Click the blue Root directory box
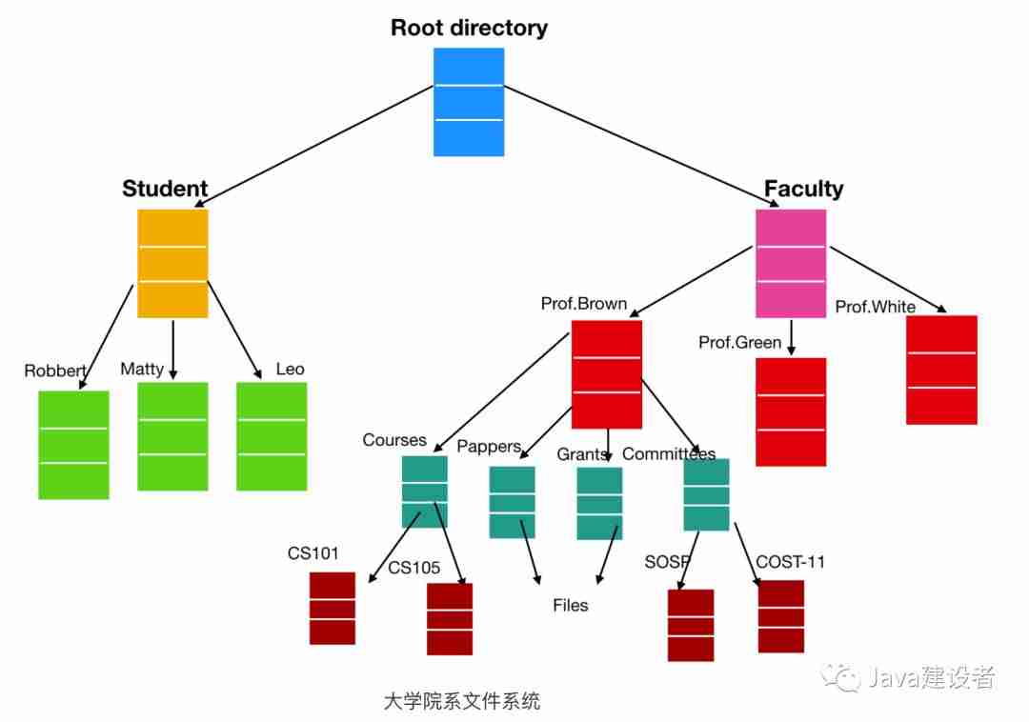point(468,102)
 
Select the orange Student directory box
point(172,263)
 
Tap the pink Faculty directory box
point(790,263)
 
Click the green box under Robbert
point(73,444)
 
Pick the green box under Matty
point(172,436)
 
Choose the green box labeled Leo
point(272,436)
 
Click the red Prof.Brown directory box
point(606,374)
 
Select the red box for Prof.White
point(941,370)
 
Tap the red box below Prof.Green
point(790,411)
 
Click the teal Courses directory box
point(424,491)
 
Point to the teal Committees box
point(706,494)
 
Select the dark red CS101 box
point(332,608)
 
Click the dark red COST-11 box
point(780,615)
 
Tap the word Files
point(571,606)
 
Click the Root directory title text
point(469,28)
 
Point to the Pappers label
point(489,447)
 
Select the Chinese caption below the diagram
point(461,702)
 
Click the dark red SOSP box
point(690,625)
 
